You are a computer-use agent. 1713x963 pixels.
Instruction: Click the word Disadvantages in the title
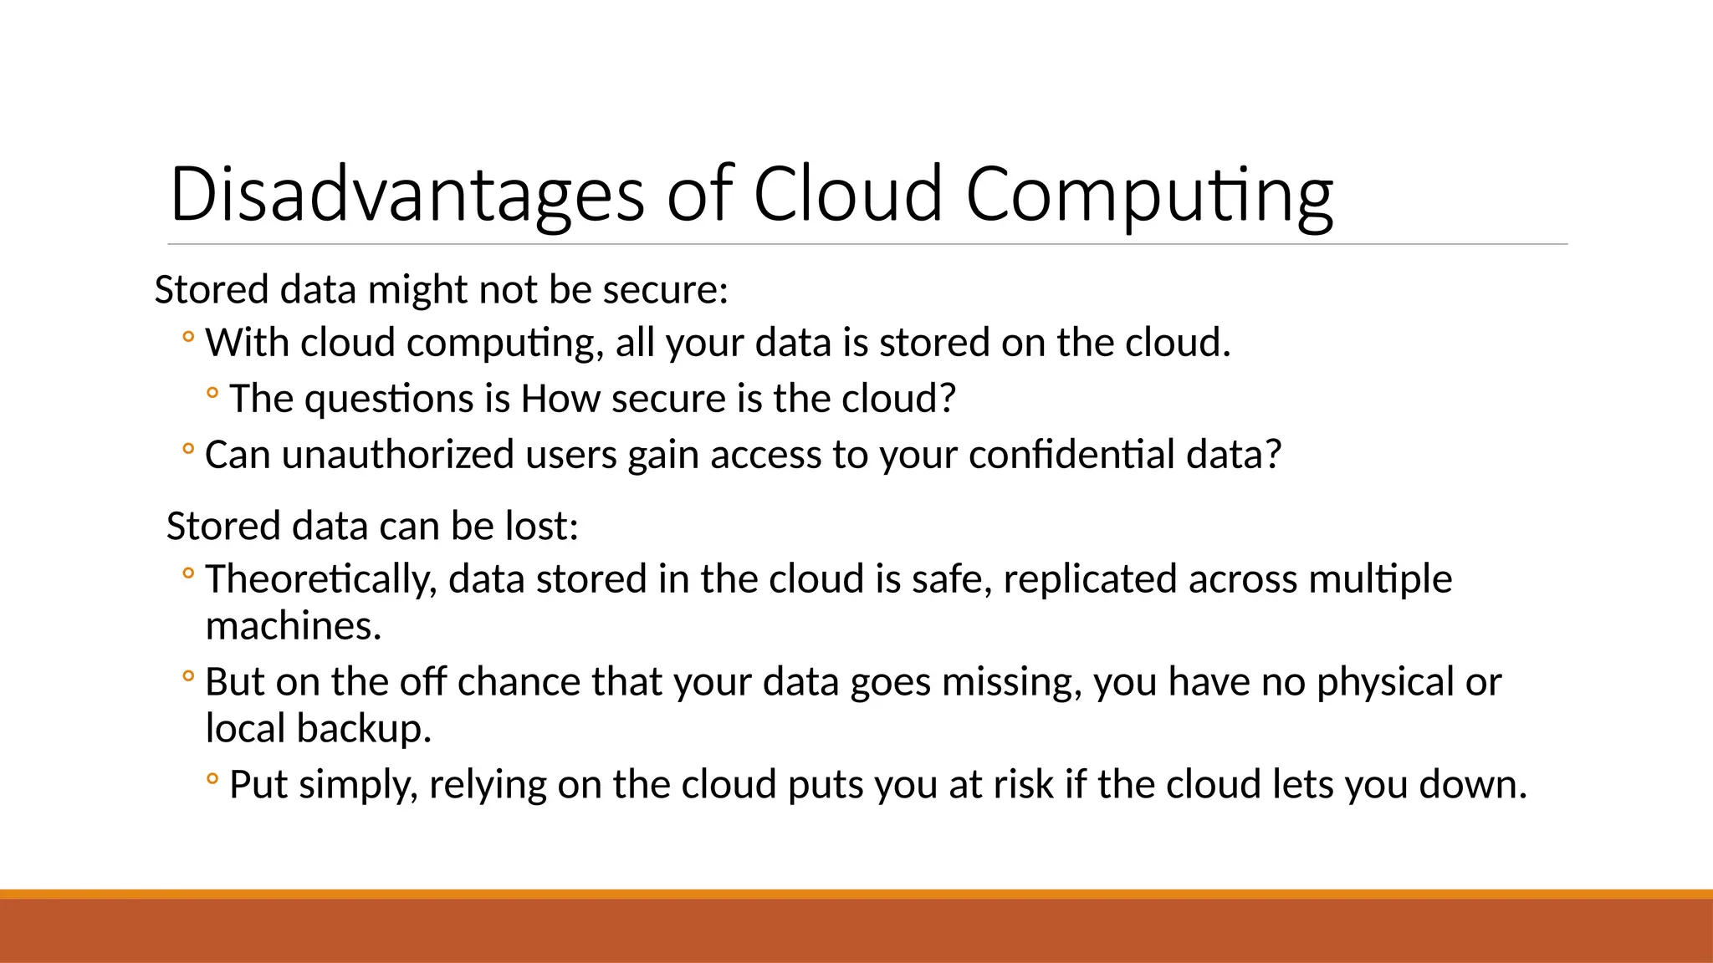click(407, 195)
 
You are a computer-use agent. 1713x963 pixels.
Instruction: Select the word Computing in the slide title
click(1149, 195)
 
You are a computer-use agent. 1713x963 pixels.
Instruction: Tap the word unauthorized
click(397, 455)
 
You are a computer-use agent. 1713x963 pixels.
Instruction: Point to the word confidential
click(1071, 455)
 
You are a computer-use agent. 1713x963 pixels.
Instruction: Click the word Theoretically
click(321, 579)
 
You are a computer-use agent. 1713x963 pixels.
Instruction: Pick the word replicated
click(1090, 579)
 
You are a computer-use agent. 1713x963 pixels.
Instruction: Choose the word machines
click(293, 626)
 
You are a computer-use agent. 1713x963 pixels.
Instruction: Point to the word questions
click(390, 399)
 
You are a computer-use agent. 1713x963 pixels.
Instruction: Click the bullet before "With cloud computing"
click(188, 339)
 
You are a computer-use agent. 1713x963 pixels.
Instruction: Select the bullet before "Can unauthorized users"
click(188, 451)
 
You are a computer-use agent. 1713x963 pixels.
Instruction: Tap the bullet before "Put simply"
click(212, 780)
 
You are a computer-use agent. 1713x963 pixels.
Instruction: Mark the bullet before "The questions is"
click(212, 393)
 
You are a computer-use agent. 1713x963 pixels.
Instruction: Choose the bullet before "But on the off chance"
click(188, 677)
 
